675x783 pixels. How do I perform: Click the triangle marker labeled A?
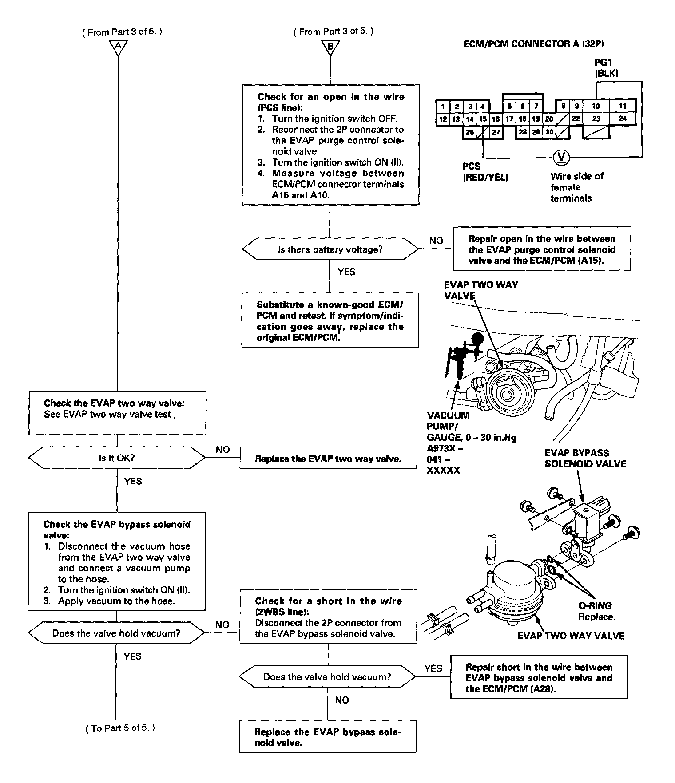(118, 46)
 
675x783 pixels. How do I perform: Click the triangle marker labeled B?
(330, 46)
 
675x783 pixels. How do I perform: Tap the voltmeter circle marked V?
(561, 157)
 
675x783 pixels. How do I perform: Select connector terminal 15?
(483, 119)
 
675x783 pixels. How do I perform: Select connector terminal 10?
(596, 106)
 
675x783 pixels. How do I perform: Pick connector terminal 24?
(623, 119)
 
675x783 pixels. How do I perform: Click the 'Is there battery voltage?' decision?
(330, 249)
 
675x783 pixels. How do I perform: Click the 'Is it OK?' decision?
(117, 458)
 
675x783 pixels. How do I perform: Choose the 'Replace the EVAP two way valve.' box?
(328, 459)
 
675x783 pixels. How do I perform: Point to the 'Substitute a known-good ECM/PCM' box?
(330, 320)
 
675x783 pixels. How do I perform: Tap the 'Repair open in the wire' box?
(542, 249)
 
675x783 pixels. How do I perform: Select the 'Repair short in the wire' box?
(539, 678)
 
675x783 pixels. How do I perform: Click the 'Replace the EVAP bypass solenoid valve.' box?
(328, 738)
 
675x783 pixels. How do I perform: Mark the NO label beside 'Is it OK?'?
(222, 450)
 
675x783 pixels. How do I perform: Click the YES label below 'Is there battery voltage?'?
(346, 272)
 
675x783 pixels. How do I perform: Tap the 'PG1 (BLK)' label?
(606, 68)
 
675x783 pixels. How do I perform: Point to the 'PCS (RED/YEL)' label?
(485, 172)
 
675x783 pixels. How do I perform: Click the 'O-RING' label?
(595, 605)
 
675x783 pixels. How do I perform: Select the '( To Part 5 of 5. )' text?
(120, 728)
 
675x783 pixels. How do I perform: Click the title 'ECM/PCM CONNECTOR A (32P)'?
(533, 44)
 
